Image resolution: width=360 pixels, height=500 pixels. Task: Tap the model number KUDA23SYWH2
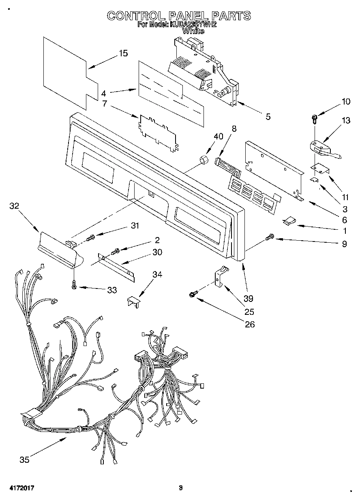point(194,24)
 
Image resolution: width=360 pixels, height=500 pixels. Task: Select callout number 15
point(123,53)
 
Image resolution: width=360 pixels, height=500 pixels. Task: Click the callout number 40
point(218,137)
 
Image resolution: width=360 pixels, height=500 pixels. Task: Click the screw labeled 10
point(315,118)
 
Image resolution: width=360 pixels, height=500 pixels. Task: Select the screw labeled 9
point(269,238)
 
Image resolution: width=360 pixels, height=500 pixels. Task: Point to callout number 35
point(24,459)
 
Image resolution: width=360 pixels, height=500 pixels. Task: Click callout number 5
point(268,117)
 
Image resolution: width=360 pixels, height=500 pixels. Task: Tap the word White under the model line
point(193,31)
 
